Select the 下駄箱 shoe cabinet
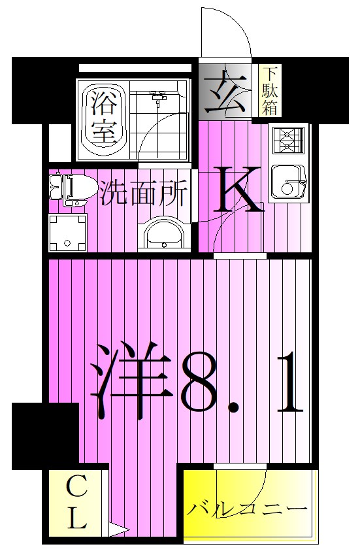point(270,91)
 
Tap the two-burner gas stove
point(287,139)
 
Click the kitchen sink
point(288,182)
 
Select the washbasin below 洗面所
point(163,233)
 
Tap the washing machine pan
point(68,233)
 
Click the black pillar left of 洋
point(45,435)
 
